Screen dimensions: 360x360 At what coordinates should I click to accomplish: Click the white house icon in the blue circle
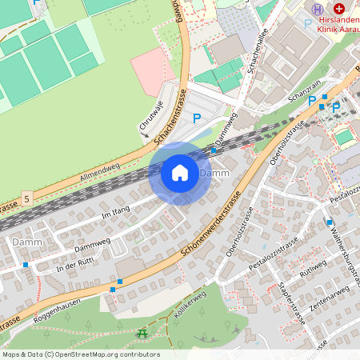(x=180, y=173)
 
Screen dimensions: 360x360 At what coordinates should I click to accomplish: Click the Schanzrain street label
(x=304, y=94)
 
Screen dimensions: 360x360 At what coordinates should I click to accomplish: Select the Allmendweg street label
(x=99, y=172)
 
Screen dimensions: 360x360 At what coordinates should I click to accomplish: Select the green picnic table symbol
(x=142, y=333)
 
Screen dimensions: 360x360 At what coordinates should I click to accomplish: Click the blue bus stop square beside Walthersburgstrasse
(x=329, y=222)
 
